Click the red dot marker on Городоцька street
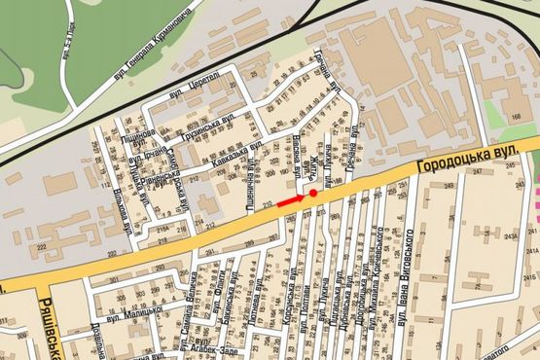click(313, 194)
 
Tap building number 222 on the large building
click(42, 248)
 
